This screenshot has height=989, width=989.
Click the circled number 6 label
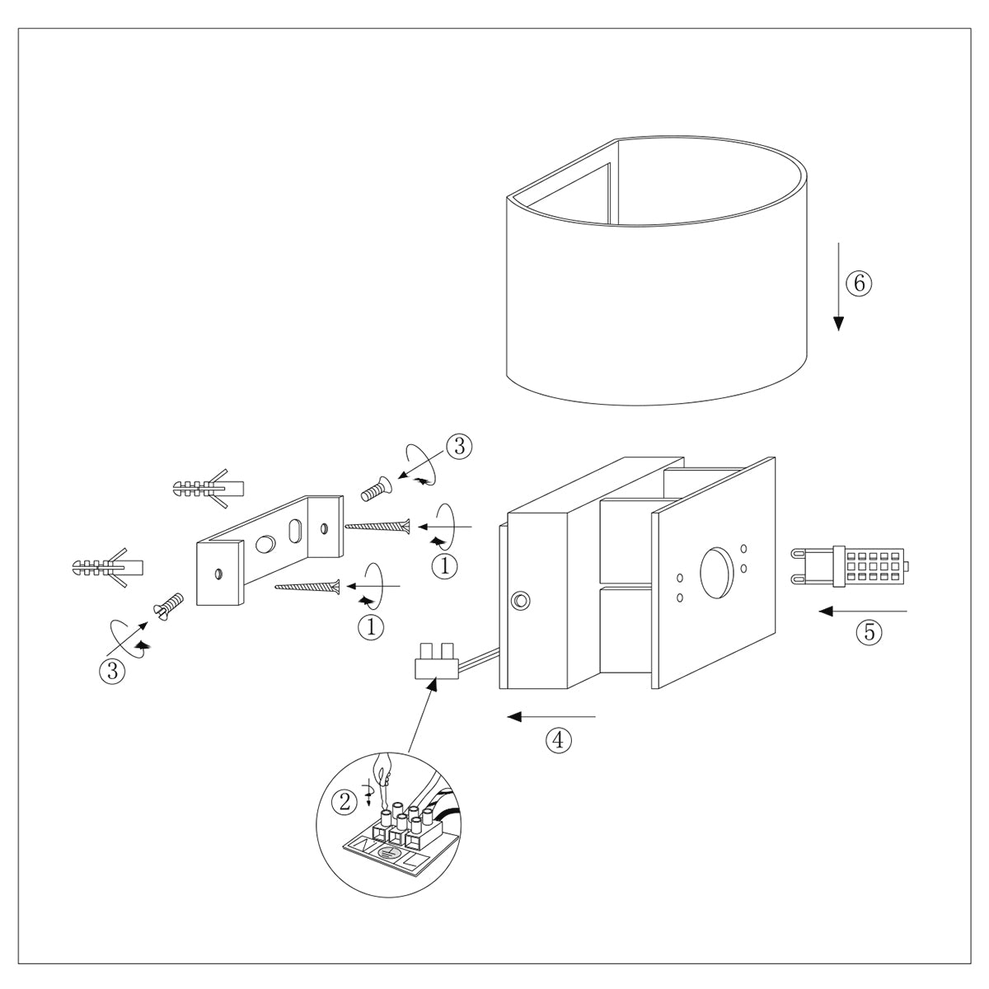click(858, 284)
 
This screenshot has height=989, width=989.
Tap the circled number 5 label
click(868, 632)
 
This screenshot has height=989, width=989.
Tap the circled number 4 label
click(558, 740)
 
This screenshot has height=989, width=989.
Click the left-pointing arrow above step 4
click(551, 716)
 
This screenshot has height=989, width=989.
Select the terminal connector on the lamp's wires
click(437, 661)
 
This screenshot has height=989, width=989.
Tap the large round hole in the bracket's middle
click(266, 544)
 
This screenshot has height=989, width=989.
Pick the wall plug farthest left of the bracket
click(108, 567)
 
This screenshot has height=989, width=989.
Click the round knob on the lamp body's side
click(519, 600)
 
